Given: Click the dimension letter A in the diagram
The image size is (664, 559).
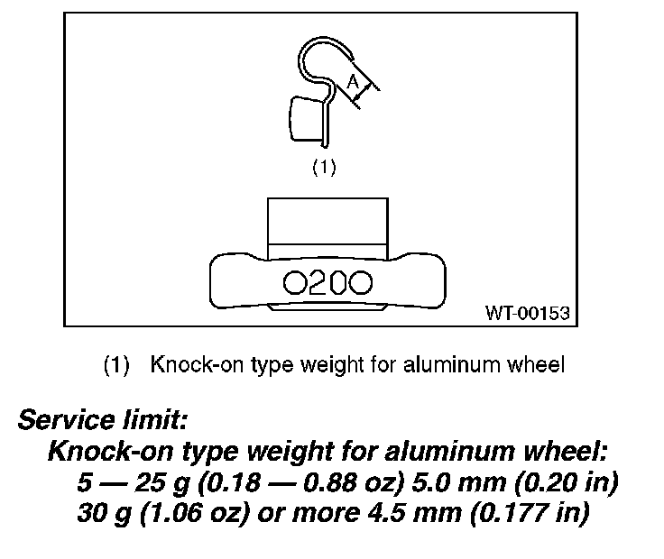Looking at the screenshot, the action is (x=353, y=85).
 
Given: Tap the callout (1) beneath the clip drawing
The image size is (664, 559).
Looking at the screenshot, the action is (x=323, y=167).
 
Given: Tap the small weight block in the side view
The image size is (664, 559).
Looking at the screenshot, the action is (x=307, y=121).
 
